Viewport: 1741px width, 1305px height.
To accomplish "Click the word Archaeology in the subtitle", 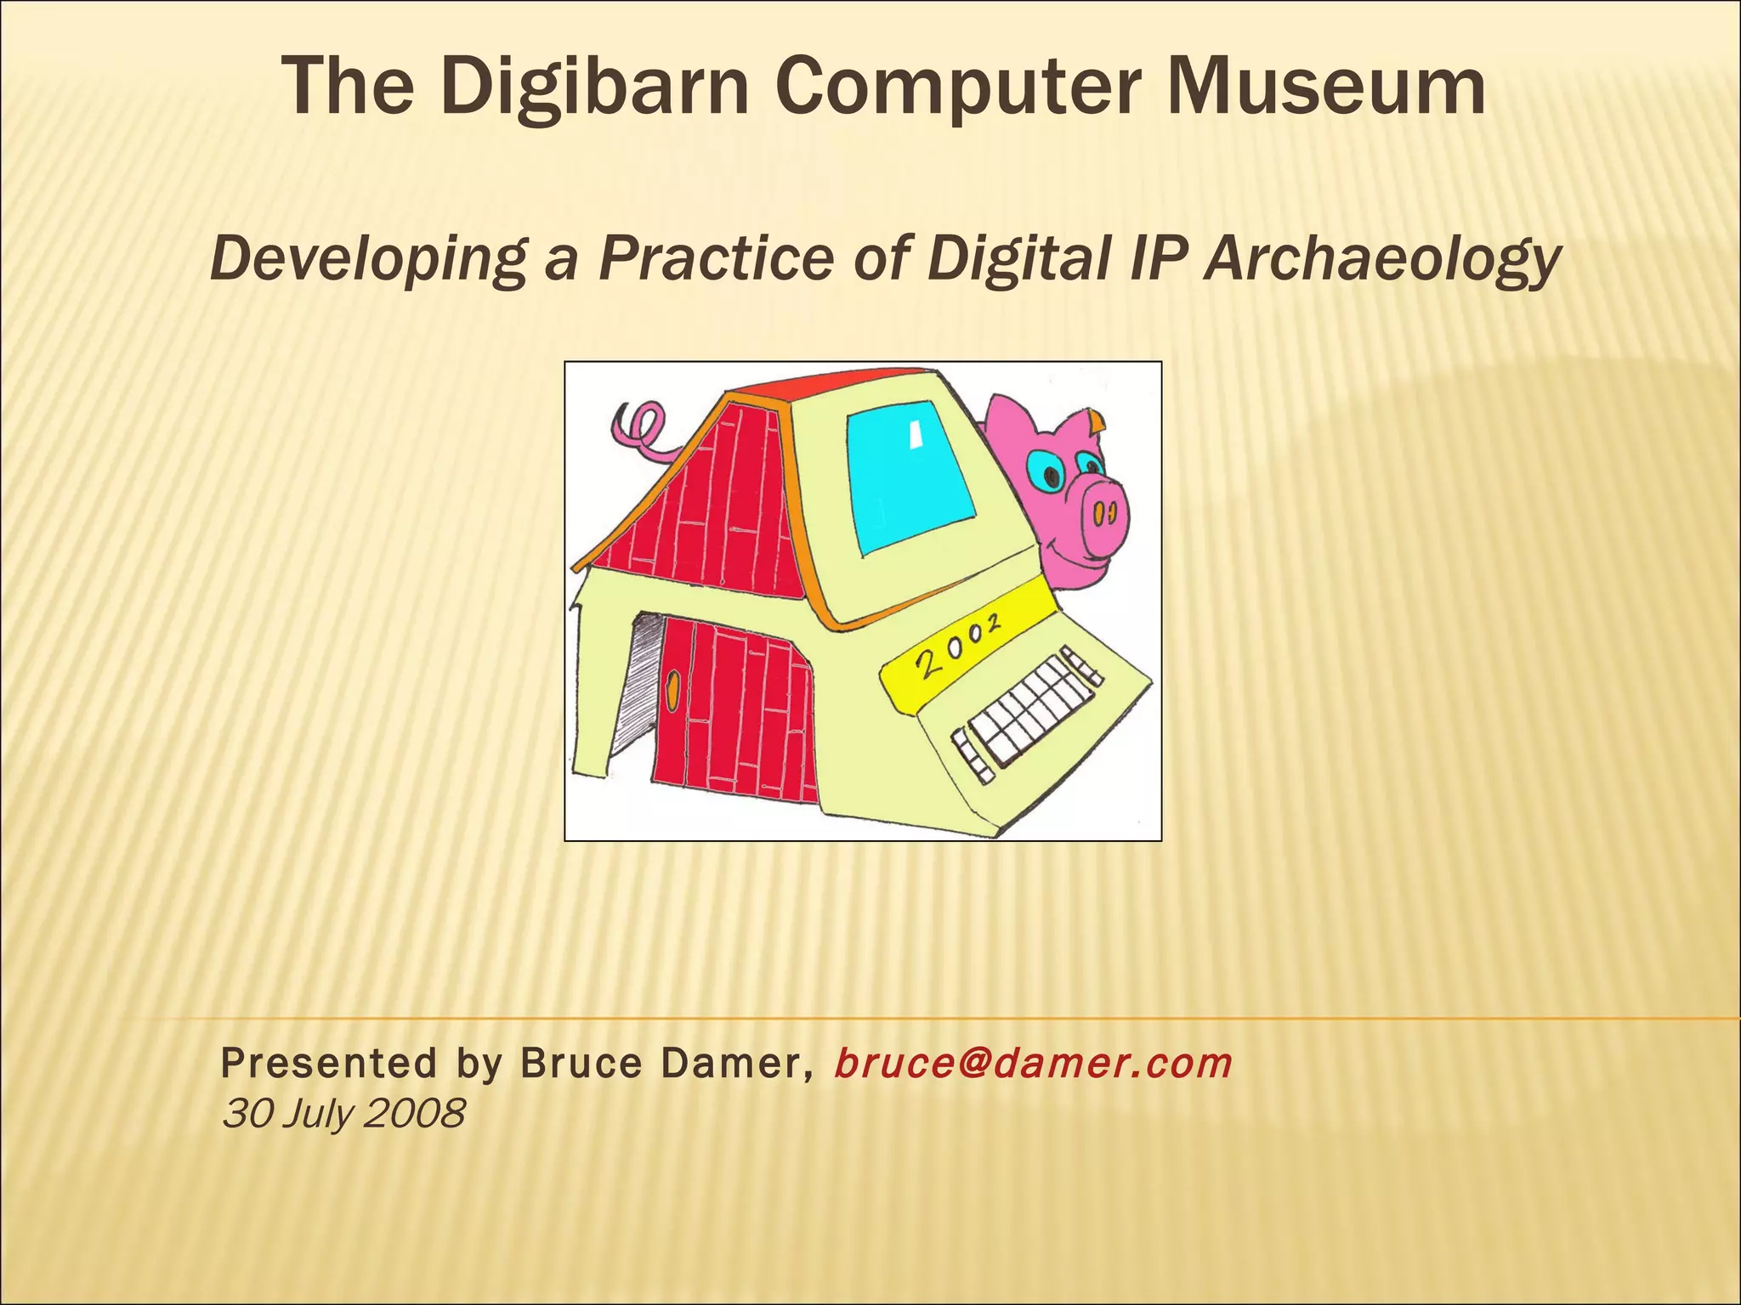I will (x=1382, y=258).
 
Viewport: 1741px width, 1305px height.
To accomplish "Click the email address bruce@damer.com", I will (x=1033, y=1063).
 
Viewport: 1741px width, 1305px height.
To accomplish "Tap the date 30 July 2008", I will (x=343, y=1113).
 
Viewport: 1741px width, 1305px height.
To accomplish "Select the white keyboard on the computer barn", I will (x=1024, y=714).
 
